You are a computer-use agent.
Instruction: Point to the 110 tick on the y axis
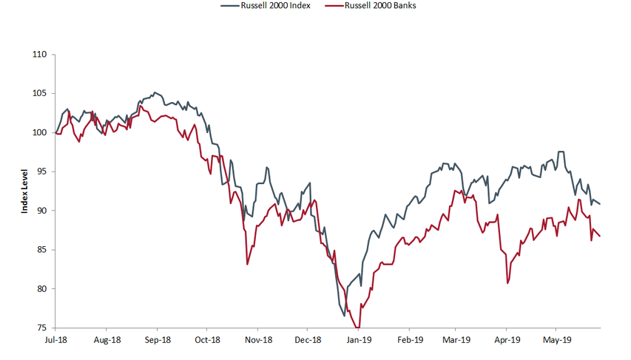40,55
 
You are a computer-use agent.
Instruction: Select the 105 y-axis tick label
40,94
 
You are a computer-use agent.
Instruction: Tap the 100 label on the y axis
40,133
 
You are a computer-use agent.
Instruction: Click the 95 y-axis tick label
41,171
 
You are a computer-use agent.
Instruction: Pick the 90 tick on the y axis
41,211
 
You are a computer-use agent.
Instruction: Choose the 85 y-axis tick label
41,250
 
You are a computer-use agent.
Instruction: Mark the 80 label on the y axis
41,289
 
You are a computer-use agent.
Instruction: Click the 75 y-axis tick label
41,327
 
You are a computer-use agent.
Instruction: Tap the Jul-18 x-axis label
57,341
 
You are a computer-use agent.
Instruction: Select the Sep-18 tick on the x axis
158,341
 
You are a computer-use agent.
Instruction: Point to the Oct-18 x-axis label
207,341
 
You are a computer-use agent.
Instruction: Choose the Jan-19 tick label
359,341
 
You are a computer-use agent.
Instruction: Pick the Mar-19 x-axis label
456,341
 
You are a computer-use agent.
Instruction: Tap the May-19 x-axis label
556,341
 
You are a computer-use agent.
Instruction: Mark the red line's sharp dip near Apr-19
507,283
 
